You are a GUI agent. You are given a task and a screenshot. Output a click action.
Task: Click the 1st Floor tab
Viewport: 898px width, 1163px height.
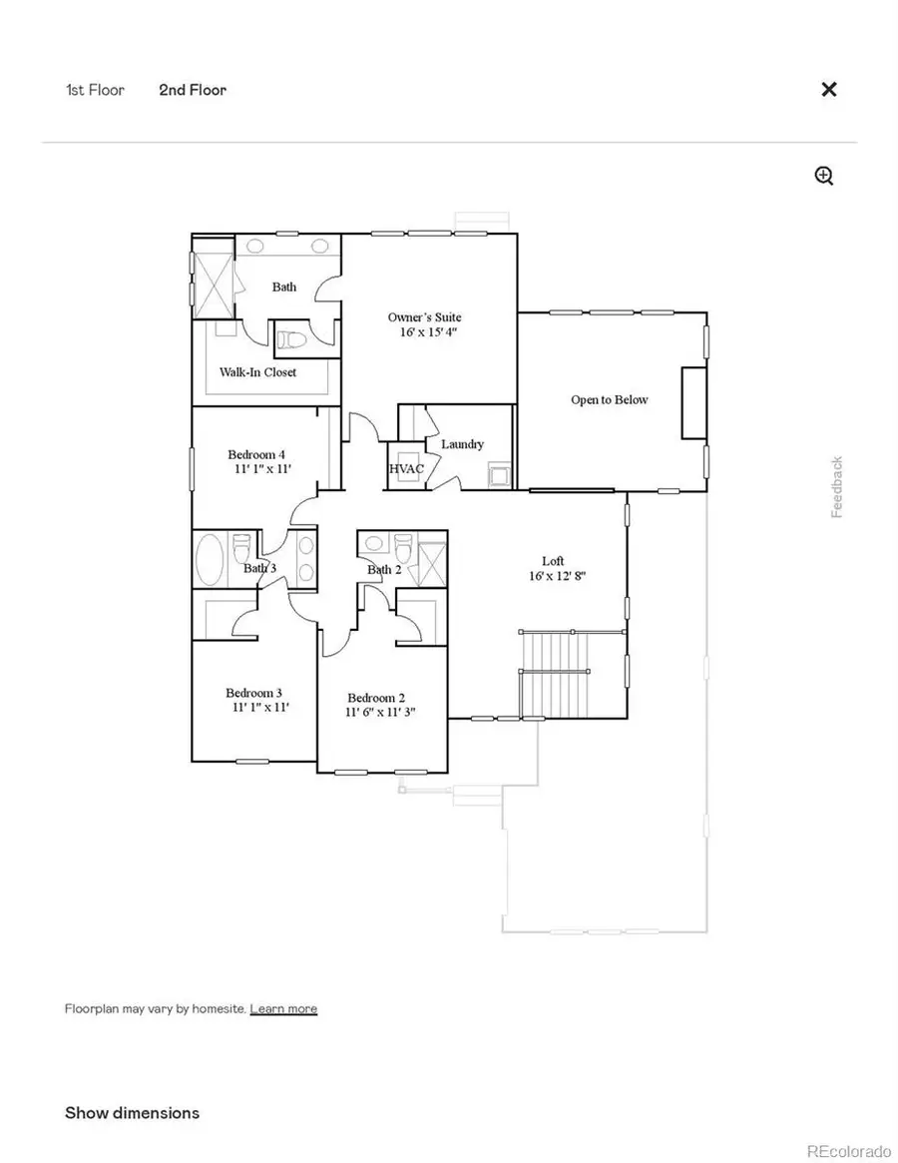pos(95,90)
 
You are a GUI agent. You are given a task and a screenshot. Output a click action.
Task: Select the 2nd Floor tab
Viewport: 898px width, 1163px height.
pos(193,90)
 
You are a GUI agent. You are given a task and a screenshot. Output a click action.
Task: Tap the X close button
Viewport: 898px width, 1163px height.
pos(828,89)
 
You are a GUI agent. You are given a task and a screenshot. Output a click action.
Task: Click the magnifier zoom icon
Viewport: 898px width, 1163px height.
pos(824,177)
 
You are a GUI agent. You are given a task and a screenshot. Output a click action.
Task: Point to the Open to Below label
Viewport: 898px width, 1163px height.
pos(609,399)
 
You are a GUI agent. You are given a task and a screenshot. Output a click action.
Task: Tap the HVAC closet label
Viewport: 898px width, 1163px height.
pos(406,468)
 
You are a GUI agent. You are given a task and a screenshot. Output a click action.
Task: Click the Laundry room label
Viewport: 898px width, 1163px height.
pos(462,444)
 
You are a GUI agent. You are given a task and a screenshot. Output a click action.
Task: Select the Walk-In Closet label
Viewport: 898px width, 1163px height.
pos(258,372)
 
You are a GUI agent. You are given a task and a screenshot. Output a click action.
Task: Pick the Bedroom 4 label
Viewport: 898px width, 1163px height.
pos(256,454)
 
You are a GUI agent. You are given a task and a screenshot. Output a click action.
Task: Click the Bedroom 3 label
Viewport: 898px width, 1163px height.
pos(253,693)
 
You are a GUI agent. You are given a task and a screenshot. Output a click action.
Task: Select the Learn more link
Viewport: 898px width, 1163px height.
pos(283,1008)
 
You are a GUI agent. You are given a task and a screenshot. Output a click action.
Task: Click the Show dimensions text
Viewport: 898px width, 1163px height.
pos(132,1112)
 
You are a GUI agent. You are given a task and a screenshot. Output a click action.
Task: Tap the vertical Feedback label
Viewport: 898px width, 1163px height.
pos(837,487)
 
